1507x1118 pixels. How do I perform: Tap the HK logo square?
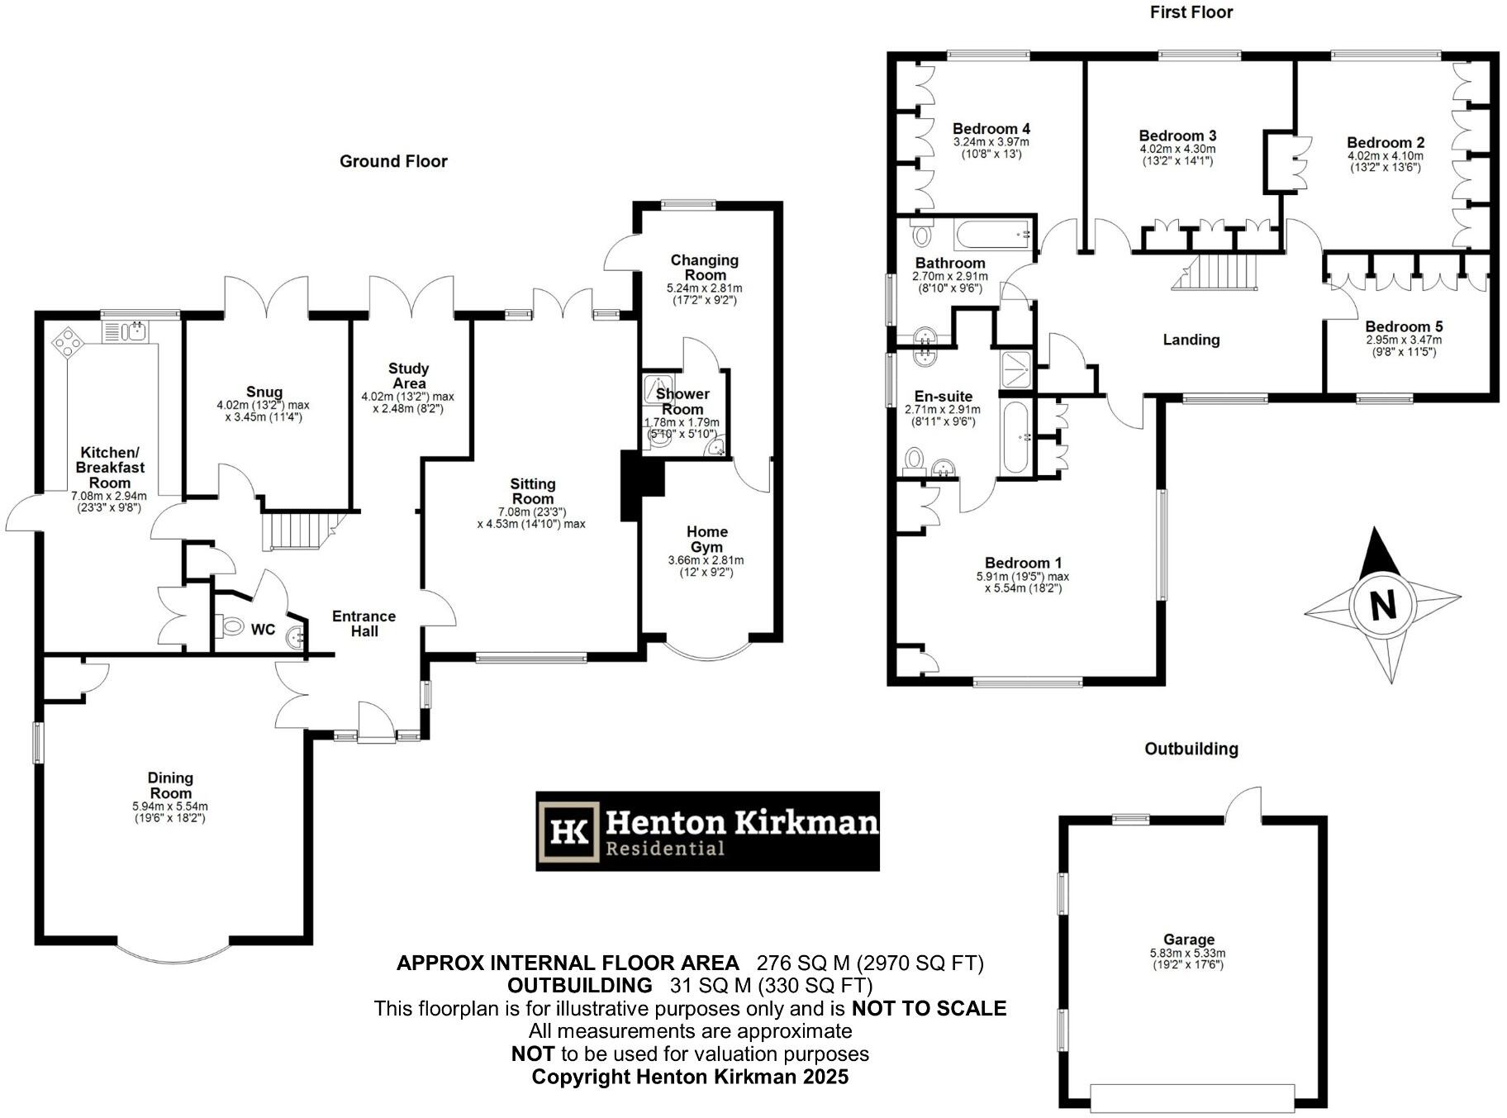pos(568,831)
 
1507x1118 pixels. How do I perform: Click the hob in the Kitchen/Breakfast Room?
pos(67,342)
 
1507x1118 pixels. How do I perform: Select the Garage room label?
pos(1188,940)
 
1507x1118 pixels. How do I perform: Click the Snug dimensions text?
pos(263,412)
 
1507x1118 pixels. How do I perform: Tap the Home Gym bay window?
pos(708,649)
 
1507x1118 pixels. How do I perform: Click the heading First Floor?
pos(1191,12)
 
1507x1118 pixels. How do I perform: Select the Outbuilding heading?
pos(1191,749)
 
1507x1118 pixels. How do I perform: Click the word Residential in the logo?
pos(665,849)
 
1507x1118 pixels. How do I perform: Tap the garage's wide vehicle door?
pos(1191,1097)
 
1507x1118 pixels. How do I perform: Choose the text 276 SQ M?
pos(803,963)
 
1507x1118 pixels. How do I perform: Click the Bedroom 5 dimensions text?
pos(1403,345)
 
